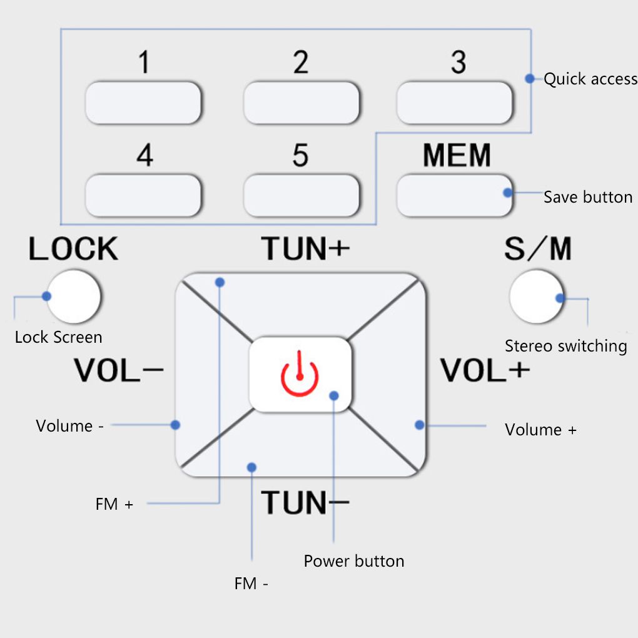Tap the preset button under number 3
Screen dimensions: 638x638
click(455, 103)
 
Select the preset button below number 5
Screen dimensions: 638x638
click(301, 196)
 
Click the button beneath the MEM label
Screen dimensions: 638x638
click(455, 195)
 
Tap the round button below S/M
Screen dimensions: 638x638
click(537, 296)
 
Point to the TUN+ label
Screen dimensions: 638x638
click(305, 249)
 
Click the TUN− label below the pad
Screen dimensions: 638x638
click(305, 503)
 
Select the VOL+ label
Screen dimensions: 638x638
click(485, 371)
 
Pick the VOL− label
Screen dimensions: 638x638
click(119, 371)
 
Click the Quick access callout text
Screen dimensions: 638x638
click(590, 79)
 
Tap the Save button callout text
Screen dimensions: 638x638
click(588, 198)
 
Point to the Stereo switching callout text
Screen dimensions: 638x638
click(566, 346)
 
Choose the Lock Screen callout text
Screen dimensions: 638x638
click(59, 338)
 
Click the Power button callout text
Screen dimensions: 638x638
click(354, 561)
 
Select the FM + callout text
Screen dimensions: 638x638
click(114, 504)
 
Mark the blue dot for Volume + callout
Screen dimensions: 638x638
click(420, 425)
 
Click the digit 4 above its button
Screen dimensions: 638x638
click(145, 155)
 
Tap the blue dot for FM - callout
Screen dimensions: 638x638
click(252, 467)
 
